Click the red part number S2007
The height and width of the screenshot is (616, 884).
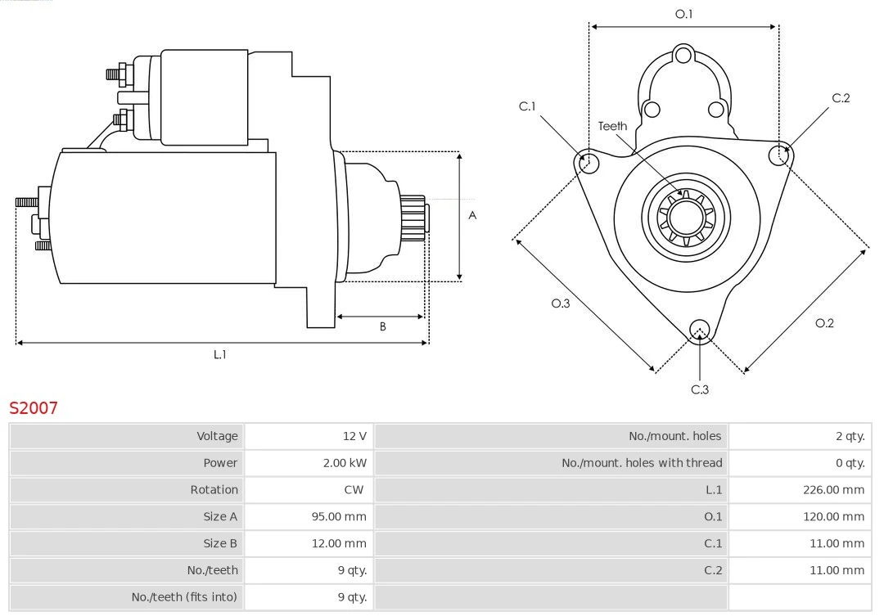click(x=34, y=407)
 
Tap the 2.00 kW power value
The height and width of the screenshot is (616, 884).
click(x=345, y=463)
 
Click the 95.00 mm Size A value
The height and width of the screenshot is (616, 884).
click(x=339, y=517)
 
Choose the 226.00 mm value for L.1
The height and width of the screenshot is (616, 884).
click(x=833, y=490)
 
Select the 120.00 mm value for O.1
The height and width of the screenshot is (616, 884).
click(x=833, y=517)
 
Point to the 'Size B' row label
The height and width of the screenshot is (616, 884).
click(x=220, y=543)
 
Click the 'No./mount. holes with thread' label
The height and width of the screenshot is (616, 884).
click(x=642, y=463)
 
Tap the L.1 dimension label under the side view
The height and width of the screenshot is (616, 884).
click(x=219, y=354)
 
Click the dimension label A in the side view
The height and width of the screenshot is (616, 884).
click(x=472, y=216)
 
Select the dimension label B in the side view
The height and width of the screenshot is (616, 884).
click(x=382, y=327)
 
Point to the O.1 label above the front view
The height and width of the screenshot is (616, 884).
click(x=683, y=14)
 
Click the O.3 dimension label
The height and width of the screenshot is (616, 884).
click(x=560, y=304)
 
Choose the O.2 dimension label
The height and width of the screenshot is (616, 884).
click(x=824, y=323)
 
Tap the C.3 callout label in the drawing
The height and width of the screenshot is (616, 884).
click(x=700, y=390)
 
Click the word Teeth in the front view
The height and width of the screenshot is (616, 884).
click(x=612, y=126)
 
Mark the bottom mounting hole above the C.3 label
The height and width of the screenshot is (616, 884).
click(x=699, y=330)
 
